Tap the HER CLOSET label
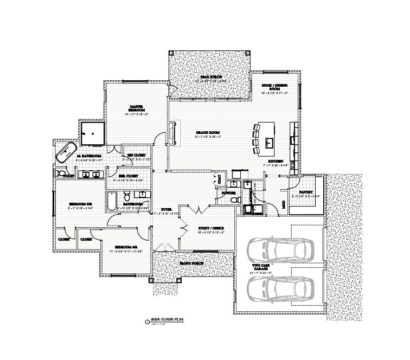click(x=129, y=176)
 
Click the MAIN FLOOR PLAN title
click(x=168, y=321)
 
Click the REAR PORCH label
click(x=209, y=77)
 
